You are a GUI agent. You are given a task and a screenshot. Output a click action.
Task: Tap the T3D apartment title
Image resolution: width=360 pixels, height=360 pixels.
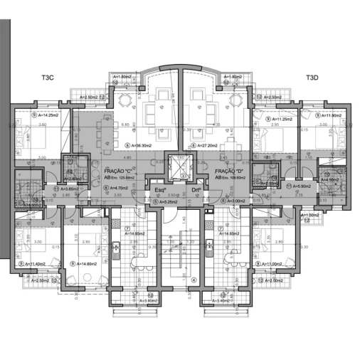point(312,78)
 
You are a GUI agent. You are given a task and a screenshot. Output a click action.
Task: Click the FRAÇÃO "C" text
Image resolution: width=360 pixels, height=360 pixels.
point(118,172)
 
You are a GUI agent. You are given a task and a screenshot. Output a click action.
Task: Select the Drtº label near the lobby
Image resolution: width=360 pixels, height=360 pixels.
point(196,191)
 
